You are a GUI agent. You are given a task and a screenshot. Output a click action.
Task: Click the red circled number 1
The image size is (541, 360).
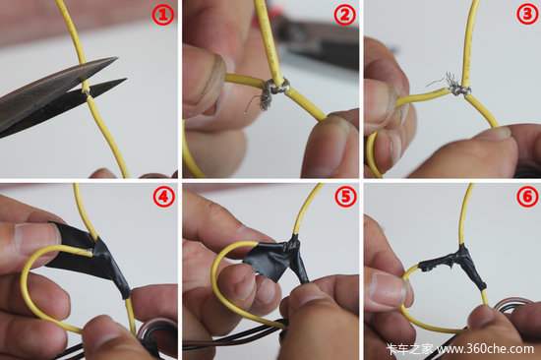pyautogui.click(x=163, y=15)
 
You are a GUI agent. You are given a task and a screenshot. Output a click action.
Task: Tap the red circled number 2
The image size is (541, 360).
pyautogui.click(x=344, y=15)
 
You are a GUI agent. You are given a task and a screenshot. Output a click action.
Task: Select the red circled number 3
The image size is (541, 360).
pyautogui.click(x=527, y=14)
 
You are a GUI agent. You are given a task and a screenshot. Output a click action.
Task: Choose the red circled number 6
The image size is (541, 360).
pyautogui.click(x=527, y=196)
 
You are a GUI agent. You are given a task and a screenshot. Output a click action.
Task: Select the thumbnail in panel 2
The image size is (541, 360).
pyautogui.click(x=206, y=79)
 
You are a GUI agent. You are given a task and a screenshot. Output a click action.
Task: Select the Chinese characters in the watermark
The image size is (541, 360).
pyautogui.click(x=410, y=349)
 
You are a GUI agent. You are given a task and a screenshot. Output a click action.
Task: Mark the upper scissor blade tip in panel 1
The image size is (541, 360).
pyautogui.click(x=118, y=58)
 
